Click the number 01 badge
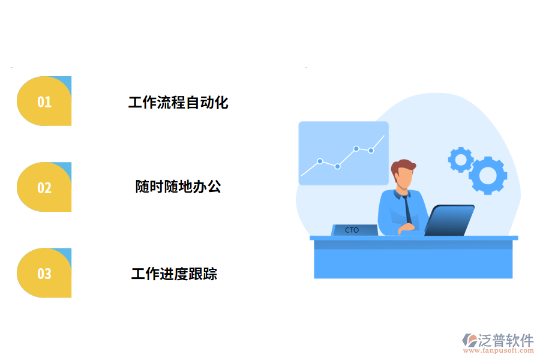coord(44,101)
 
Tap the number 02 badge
coord(44,187)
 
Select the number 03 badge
coord(44,274)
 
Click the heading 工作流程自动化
coord(178,103)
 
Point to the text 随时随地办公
coord(178,187)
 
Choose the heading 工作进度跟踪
coord(174,274)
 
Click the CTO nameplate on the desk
coord(353,230)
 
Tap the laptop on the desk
coord(450,220)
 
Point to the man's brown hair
coord(403,166)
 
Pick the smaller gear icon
coord(461,159)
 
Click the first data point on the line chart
coord(320,161)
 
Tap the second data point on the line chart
coord(338,166)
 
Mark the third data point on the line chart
coord(356,148)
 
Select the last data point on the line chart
coord(371,151)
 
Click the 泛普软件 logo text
coord(505,340)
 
